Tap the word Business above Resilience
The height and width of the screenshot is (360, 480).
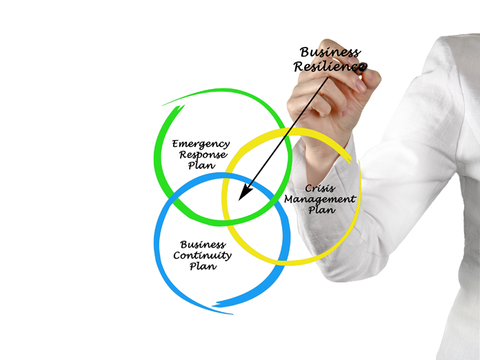[x=329, y=52]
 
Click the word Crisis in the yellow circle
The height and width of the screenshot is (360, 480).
[x=319, y=188]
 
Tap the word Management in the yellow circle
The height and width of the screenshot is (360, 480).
[x=320, y=199]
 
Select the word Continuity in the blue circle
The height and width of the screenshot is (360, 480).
[x=202, y=255]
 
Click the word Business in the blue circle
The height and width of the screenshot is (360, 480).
[x=202, y=244]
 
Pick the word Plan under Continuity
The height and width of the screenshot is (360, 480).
[x=202, y=266]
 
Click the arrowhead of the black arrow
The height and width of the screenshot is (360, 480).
[x=242, y=196]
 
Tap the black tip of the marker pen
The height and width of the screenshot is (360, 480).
[x=365, y=67]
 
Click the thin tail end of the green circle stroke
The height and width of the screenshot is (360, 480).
[x=166, y=104]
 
